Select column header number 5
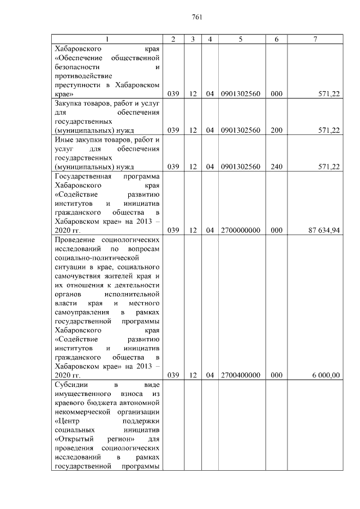coord(241,39)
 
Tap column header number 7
coord(316,39)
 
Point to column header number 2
coord(173,39)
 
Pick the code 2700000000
coord(241,229)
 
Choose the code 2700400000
coord(241,375)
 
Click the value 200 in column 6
coord(276,130)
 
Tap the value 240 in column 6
coord(276,166)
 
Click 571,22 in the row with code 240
coord(328,166)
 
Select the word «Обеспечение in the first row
coord(77,58)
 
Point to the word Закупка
coord(68,103)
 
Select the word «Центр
coord(67,421)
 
